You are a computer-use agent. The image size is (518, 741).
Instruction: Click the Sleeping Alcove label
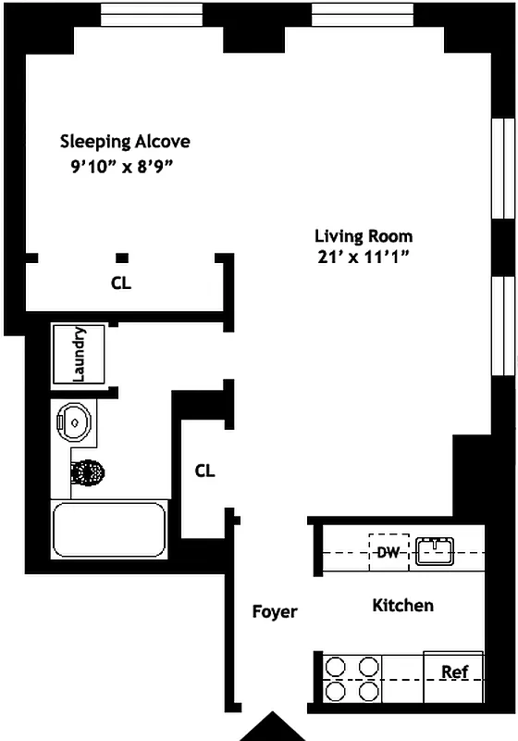(x=125, y=142)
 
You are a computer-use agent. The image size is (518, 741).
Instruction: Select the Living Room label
(x=364, y=235)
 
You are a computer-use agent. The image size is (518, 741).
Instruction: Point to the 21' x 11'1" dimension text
(x=363, y=257)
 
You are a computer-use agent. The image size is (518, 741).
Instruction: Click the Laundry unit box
(x=80, y=354)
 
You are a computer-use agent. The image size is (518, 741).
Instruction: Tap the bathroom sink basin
(x=74, y=421)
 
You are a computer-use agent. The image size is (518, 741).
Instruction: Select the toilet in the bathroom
(x=88, y=473)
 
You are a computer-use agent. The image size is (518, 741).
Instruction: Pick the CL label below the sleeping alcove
(x=121, y=283)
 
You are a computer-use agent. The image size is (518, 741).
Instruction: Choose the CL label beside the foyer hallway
(x=204, y=471)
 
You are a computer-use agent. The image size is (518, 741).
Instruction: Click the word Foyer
(x=275, y=611)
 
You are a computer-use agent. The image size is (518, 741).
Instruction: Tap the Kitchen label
(x=402, y=606)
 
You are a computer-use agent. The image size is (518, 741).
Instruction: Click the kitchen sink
(x=434, y=552)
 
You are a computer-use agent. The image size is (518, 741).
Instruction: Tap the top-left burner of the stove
(x=335, y=665)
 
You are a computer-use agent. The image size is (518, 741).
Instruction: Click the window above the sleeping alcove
(x=151, y=15)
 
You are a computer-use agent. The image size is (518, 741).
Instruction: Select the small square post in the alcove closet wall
(x=121, y=257)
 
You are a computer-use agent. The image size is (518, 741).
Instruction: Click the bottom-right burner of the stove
(x=368, y=691)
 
